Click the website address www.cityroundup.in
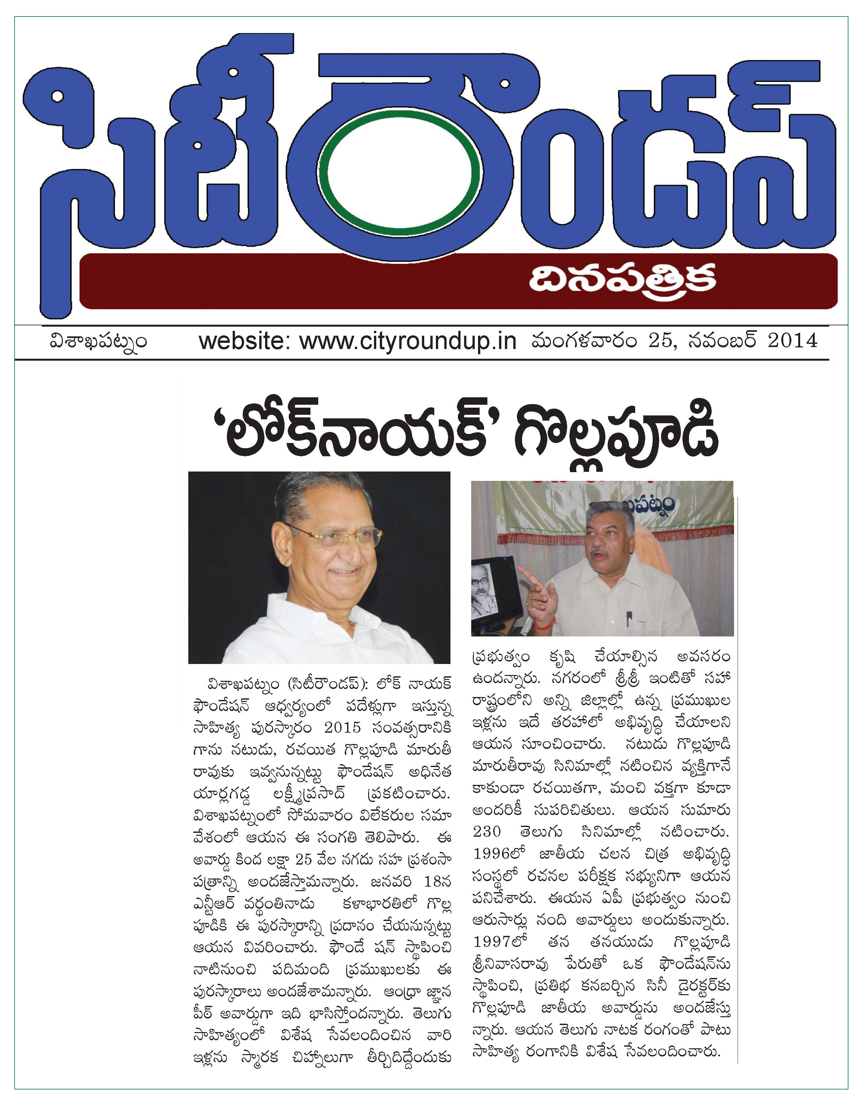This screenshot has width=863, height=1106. (x=408, y=341)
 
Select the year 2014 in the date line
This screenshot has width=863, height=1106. (x=793, y=340)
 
